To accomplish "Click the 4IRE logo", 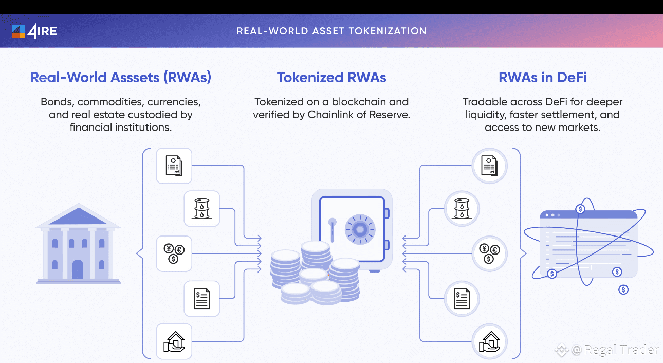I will (x=34, y=31).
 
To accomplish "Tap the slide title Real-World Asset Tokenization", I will (x=331, y=31).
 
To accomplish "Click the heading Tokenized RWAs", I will (x=331, y=78).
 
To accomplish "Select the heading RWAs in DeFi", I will (x=542, y=78).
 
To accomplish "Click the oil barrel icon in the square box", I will (x=201, y=209).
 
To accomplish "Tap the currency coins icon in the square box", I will (x=174, y=253).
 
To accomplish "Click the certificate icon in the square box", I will (x=174, y=166).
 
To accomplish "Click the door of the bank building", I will (x=78, y=269).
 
